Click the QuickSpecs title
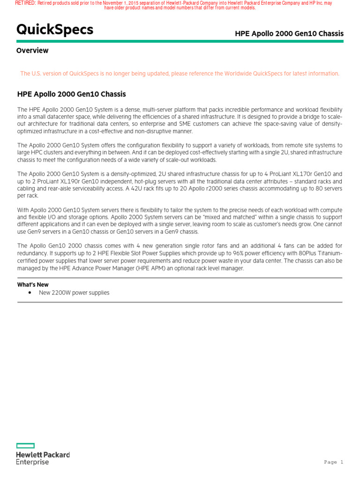tap(55, 30)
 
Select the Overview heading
tap(32, 51)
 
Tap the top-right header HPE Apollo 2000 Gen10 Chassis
tap(289, 34)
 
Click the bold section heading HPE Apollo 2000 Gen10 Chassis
tap(71, 94)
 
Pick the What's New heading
tap(33, 285)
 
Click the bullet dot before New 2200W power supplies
tap(30, 292)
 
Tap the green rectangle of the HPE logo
tap(26, 446)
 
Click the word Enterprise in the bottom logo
tap(32, 462)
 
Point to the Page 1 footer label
tap(334, 462)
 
